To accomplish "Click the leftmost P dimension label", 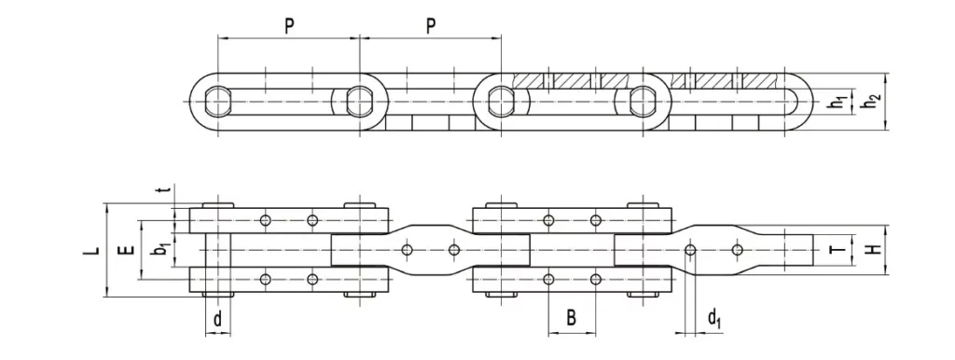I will point(289,25).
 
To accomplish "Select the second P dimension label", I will point(431,25).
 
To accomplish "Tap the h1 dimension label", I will point(840,101).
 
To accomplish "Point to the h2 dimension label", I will point(870,101).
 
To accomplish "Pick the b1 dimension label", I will point(160,249).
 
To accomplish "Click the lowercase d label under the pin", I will point(217,320).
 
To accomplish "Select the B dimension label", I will point(571,319).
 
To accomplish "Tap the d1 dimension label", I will point(713,320).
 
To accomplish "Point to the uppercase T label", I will point(837,249).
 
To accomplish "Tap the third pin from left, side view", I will point(502,98).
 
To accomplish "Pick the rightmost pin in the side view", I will point(644,98).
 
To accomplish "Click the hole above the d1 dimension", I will point(690,249).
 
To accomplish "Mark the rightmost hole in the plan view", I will point(738,249).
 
